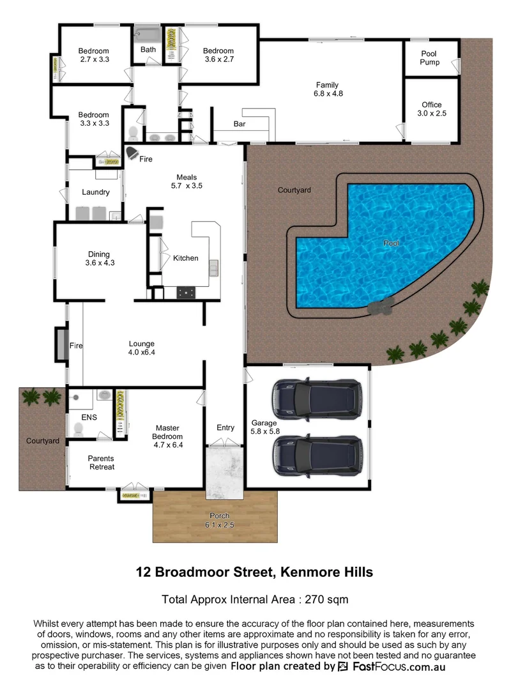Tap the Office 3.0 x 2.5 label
click(x=431, y=109)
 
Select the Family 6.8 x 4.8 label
click(x=327, y=89)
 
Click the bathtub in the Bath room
click(x=148, y=33)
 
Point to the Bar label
click(x=240, y=124)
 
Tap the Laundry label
click(x=96, y=192)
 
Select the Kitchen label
click(x=186, y=258)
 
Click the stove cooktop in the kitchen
click(x=187, y=293)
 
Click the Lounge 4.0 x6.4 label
click(x=142, y=346)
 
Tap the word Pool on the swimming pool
click(x=390, y=243)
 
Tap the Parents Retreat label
click(x=101, y=462)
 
